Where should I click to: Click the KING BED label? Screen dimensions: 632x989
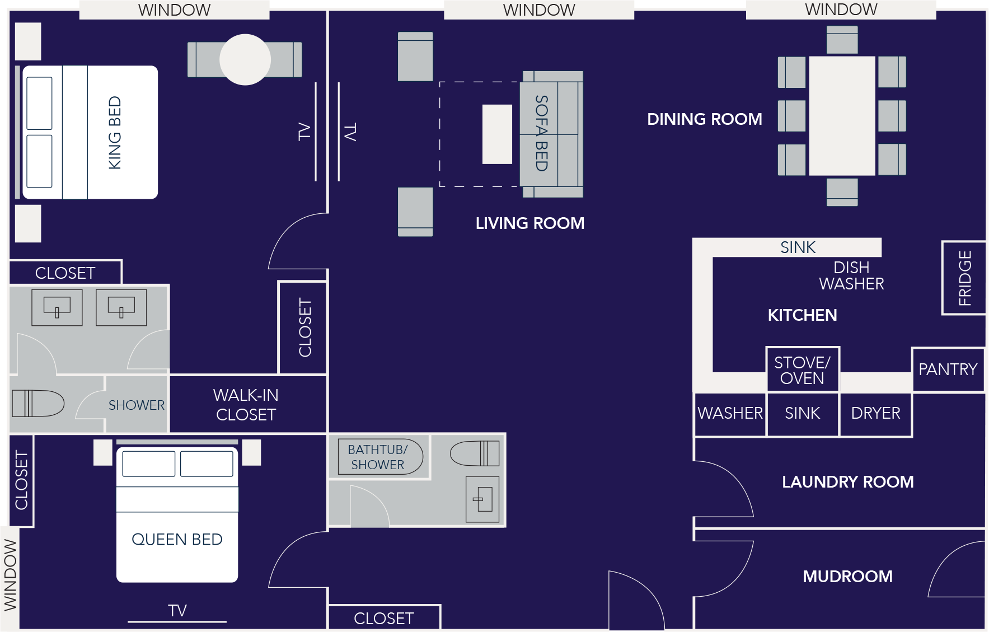(x=115, y=133)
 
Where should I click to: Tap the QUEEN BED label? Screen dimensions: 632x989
(x=177, y=539)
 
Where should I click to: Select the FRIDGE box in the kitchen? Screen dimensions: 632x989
(x=964, y=278)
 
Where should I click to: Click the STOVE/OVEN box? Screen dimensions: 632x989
(x=802, y=369)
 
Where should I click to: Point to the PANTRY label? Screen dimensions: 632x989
(x=948, y=369)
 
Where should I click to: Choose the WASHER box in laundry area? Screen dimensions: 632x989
(x=730, y=413)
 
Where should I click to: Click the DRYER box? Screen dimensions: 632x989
(x=875, y=413)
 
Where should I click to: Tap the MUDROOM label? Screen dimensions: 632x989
(x=847, y=576)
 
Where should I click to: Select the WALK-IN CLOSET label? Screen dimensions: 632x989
(x=246, y=405)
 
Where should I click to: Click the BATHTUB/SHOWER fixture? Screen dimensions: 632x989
(x=379, y=457)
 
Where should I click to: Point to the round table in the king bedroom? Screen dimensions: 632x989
(x=245, y=59)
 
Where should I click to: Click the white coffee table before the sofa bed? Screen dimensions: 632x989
(x=497, y=134)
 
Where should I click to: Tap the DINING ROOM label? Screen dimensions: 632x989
(x=704, y=119)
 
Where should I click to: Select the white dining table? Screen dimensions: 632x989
(x=842, y=115)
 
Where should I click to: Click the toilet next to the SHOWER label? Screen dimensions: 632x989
(x=38, y=403)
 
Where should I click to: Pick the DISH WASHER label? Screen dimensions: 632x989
(x=851, y=275)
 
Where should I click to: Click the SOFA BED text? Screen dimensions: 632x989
(x=541, y=133)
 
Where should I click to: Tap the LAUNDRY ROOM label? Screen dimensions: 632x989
(x=847, y=481)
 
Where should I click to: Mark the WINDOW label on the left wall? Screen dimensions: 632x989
(x=10, y=574)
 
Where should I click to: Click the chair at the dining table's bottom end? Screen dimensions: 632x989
(x=842, y=192)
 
